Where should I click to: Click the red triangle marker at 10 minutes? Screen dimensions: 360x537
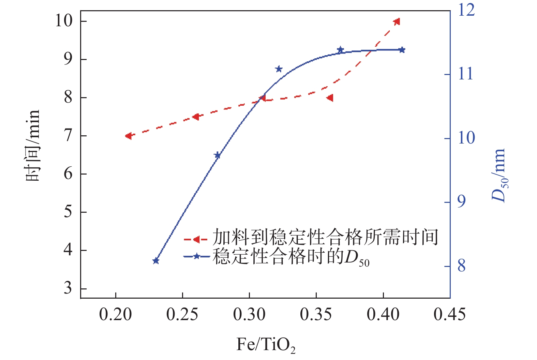click(x=397, y=21)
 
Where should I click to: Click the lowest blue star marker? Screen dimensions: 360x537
click(x=156, y=261)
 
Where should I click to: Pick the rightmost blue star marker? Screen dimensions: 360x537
click(x=402, y=50)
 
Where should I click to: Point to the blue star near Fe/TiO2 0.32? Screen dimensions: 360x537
click(x=279, y=69)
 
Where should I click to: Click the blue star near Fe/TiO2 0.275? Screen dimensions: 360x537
click(x=218, y=155)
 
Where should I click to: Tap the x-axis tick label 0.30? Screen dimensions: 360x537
click(x=249, y=314)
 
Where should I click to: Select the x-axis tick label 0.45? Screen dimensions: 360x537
click(x=449, y=314)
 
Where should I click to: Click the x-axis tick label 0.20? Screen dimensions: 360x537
click(x=116, y=314)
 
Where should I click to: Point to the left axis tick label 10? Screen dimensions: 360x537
click(x=64, y=21)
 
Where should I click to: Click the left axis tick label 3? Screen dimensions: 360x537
click(x=68, y=288)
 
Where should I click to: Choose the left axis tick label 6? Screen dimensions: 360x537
click(x=68, y=174)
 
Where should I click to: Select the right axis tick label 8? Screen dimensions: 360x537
click(x=461, y=266)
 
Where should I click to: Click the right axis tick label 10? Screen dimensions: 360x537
click(x=466, y=138)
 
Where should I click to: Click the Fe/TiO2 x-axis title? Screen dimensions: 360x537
click(x=266, y=345)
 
